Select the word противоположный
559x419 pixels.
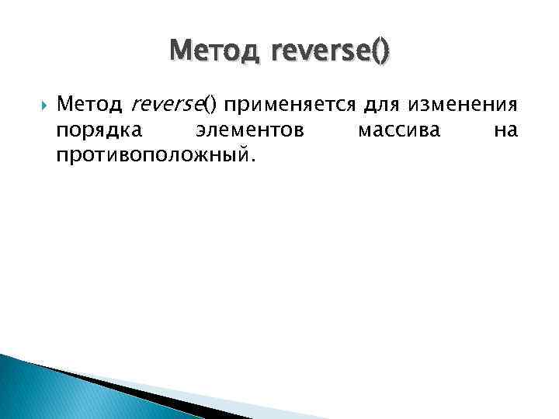pyautogui.click(x=151, y=155)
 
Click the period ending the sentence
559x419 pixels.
pyautogui.click(x=250, y=159)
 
